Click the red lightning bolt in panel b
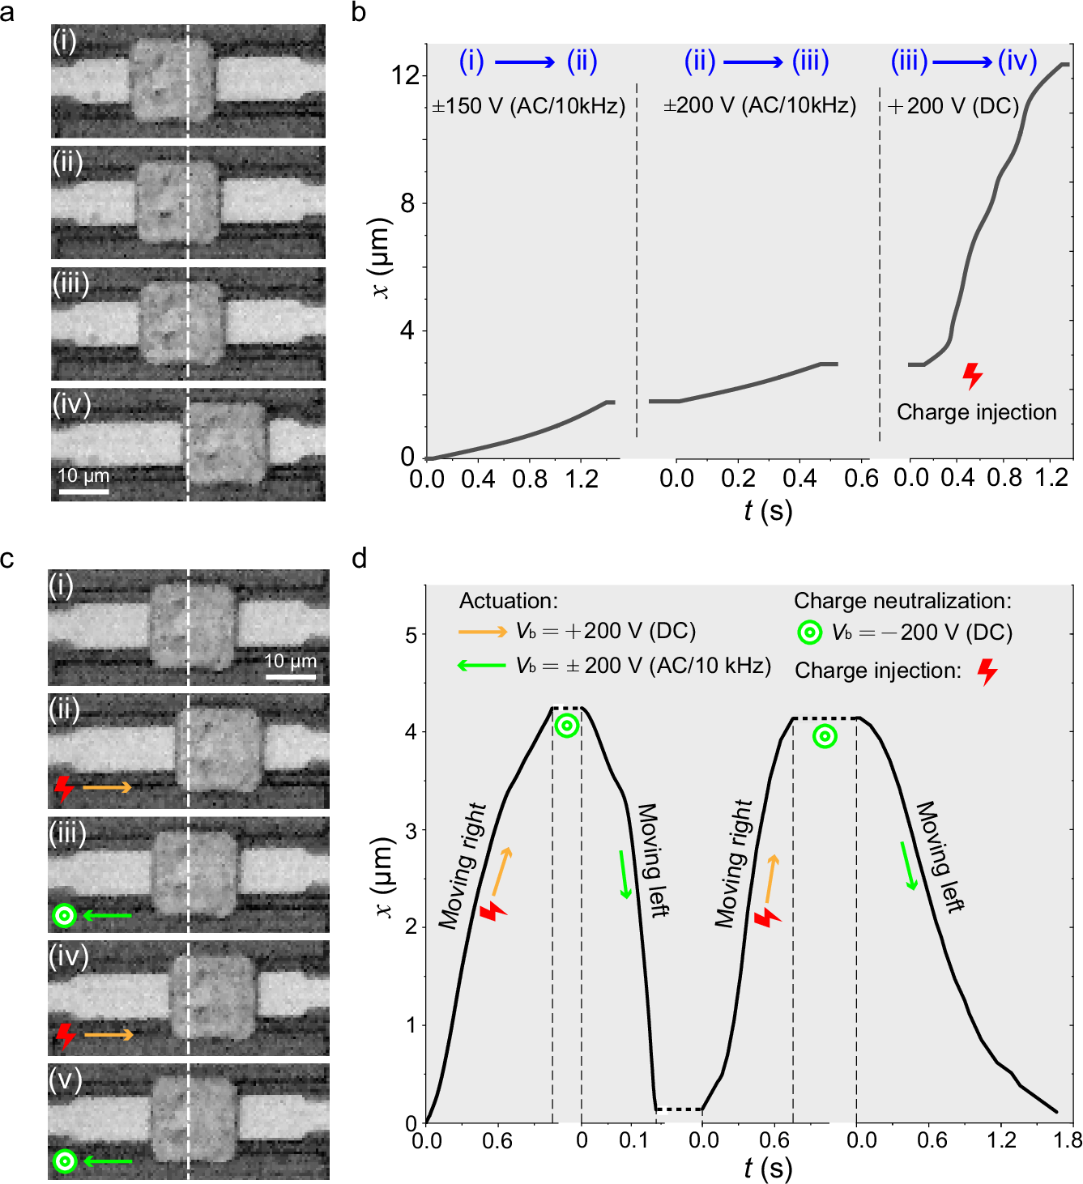972,376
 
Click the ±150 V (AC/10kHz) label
528,106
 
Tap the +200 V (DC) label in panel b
953,106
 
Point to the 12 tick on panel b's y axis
405,75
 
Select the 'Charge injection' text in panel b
976,412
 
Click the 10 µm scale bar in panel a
83,489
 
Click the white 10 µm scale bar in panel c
290,676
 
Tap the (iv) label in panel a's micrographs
70,403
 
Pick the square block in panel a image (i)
173,81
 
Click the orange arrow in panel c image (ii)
107,787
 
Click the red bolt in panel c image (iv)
65,1035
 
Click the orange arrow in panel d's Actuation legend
482,631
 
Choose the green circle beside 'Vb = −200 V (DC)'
809,632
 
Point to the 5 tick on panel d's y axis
411,634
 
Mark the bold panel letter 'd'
359,558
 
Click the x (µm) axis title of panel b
379,258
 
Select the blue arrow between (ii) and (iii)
753,62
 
